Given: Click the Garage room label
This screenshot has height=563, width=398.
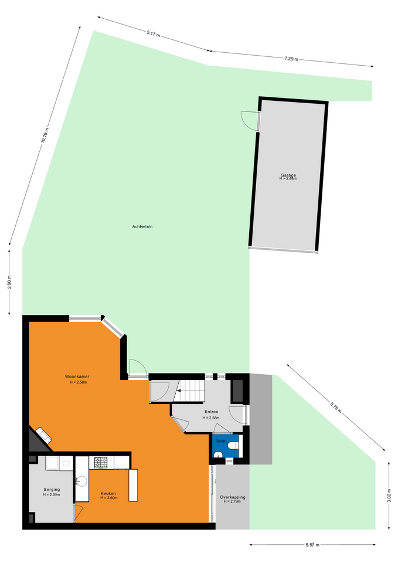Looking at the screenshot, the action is pyautogui.click(x=288, y=175).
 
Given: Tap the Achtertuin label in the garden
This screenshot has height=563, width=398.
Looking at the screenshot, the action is pyautogui.click(x=142, y=226).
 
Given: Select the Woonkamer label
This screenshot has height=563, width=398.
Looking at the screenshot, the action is pyautogui.click(x=77, y=377).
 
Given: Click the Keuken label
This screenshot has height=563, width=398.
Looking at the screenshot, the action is pyautogui.click(x=108, y=493).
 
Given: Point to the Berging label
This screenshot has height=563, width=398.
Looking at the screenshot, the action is pyautogui.click(x=52, y=489).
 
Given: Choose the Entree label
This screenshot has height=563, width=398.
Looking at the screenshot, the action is pyautogui.click(x=212, y=412).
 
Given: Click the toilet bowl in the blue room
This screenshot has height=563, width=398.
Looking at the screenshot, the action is pyautogui.click(x=233, y=446).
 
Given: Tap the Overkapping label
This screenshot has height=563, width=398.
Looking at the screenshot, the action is pyautogui.click(x=233, y=497).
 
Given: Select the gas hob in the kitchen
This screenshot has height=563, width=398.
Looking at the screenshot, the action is pyautogui.click(x=100, y=462).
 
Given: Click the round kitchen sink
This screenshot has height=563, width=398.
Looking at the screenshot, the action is pyautogui.click(x=82, y=481).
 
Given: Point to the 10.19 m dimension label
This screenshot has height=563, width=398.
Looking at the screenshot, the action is pyautogui.click(x=44, y=135).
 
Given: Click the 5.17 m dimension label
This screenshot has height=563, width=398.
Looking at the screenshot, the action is pyautogui.click(x=153, y=34).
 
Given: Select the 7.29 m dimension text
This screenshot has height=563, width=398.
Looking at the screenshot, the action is pyautogui.click(x=291, y=59).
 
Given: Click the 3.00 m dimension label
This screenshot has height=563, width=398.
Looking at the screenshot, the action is pyautogui.click(x=390, y=496).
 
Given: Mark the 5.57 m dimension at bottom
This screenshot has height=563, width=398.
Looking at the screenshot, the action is pyautogui.click(x=312, y=545).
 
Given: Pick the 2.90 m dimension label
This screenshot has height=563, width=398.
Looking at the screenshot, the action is pyautogui.click(x=10, y=282).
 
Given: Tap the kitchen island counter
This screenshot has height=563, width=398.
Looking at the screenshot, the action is pyautogui.click(x=133, y=485).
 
